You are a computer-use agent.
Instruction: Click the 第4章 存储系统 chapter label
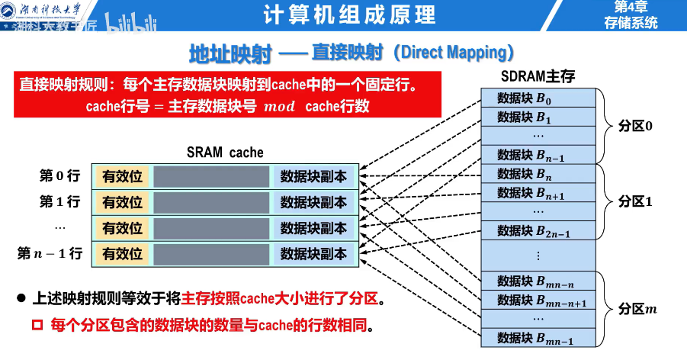click(x=630, y=14)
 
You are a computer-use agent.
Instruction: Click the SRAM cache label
click(x=225, y=152)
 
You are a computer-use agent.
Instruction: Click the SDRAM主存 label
click(x=538, y=77)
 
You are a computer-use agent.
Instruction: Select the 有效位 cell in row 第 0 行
click(x=123, y=177)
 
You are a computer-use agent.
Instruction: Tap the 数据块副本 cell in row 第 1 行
click(x=313, y=202)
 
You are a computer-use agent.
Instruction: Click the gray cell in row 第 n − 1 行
click(x=211, y=254)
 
